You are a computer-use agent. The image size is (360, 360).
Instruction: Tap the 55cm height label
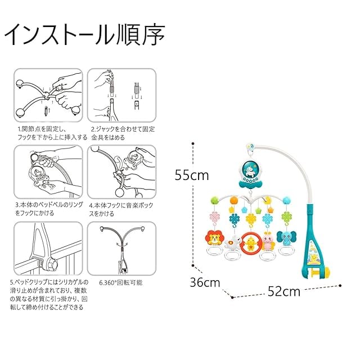[191, 175]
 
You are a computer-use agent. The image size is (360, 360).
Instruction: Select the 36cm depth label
[204, 282]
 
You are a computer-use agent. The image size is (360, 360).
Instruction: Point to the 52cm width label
[283, 291]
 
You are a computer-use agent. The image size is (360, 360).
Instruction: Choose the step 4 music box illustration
[121, 171]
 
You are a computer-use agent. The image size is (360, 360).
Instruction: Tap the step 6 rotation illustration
[121, 247]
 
